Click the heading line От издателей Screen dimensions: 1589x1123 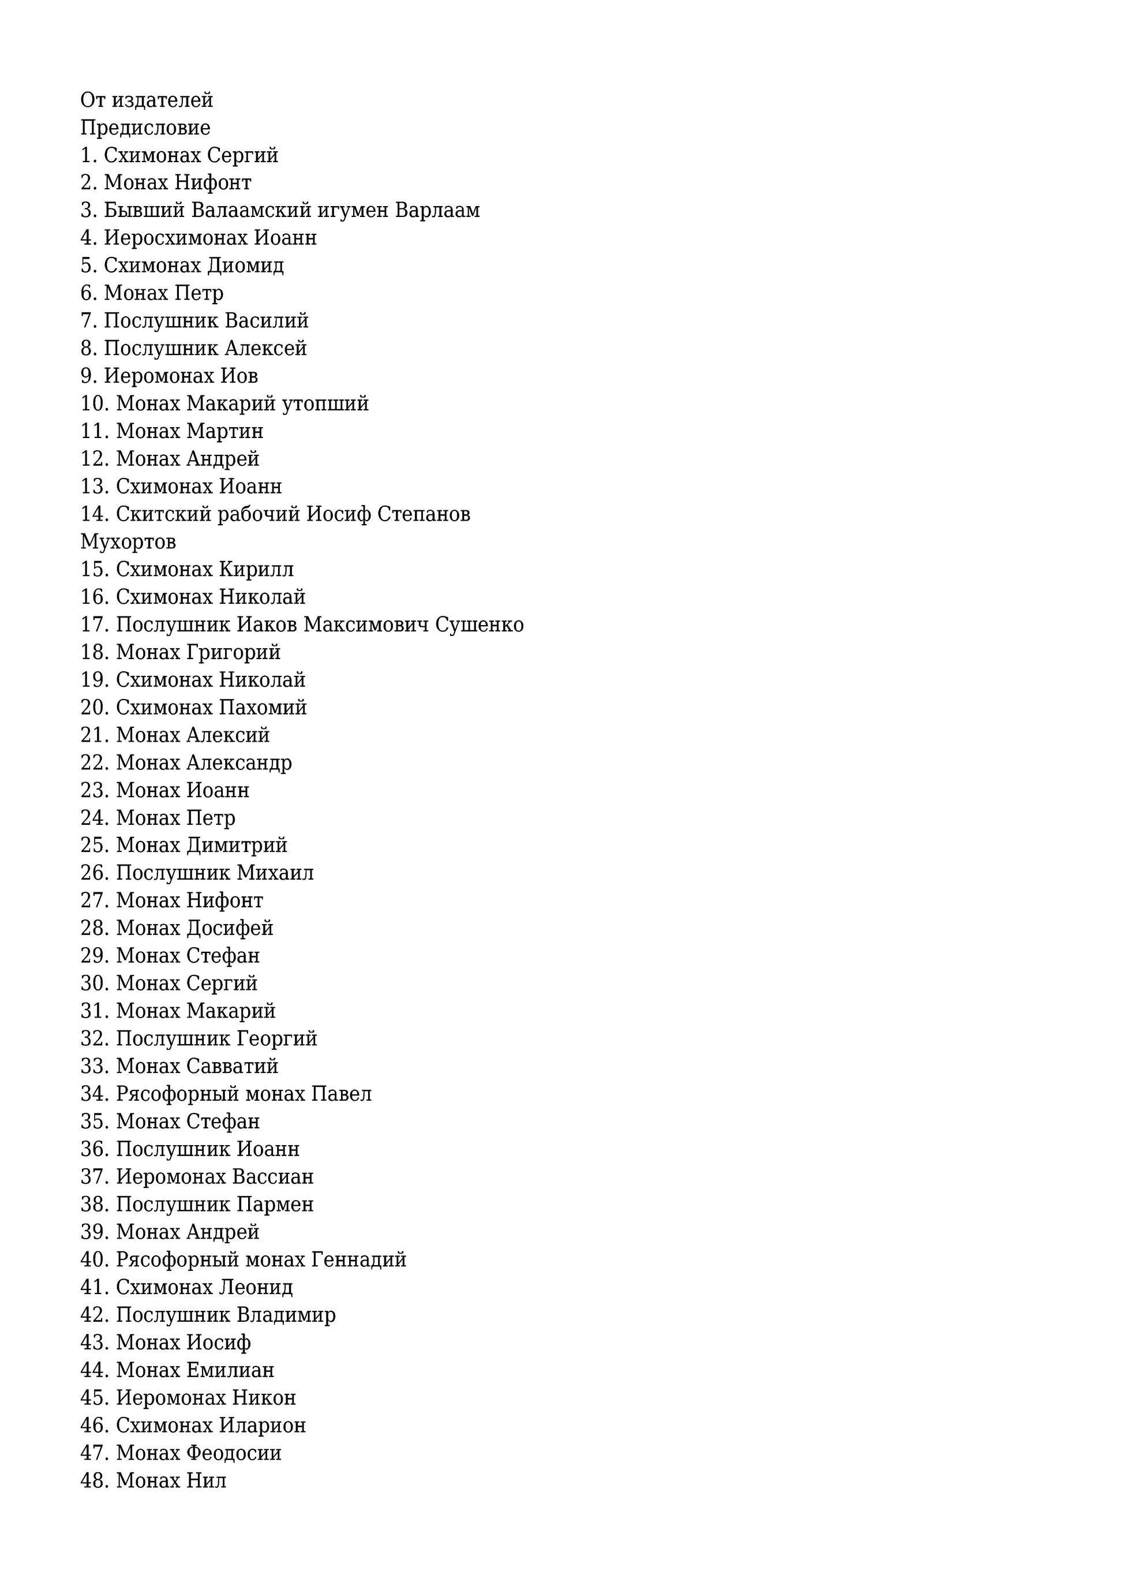tap(147, 100)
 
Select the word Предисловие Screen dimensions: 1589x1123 tap(145, 128)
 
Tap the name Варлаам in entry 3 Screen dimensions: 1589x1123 tap(437, 211)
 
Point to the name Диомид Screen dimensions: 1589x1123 tap(246, 266)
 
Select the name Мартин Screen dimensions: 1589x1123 tap(225, 431)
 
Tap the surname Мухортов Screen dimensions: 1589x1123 tap(128, 542)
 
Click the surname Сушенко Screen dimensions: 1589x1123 tap(479, 625)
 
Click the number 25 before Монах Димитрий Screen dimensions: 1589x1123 tap(93, 846)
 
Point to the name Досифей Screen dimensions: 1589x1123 tap(230, 929)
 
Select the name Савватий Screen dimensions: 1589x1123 tap(232, 1067)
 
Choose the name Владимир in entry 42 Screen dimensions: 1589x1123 tap(286, 1315)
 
